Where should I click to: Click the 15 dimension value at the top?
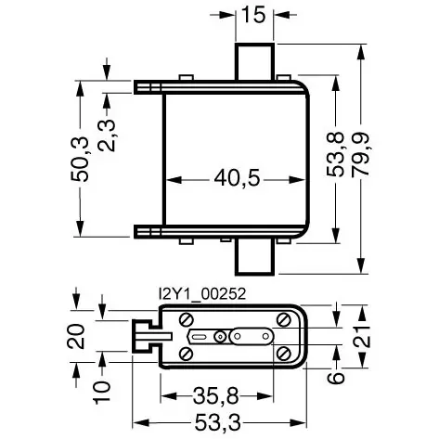(253, 15)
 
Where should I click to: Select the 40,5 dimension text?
(238, 178)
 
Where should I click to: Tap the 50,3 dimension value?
(80, 159)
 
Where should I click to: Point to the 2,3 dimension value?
(107, 136)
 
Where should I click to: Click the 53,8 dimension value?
(335, 154)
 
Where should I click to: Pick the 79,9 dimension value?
(361, 154)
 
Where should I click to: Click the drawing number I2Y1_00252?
(202, 294)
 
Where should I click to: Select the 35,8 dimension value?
(216, 396)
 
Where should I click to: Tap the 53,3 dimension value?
(217, 422)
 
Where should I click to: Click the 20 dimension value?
(76, 336)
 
